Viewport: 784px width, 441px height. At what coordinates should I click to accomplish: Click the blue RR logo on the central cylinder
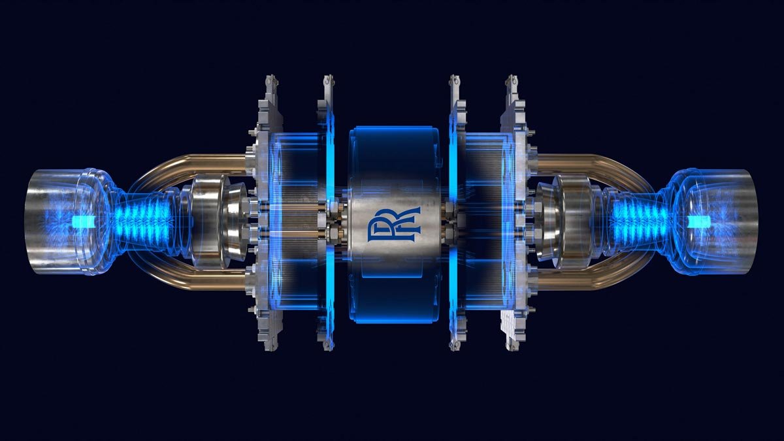(393, 224)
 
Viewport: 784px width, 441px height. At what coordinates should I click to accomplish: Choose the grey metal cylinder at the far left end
(52, 221)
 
